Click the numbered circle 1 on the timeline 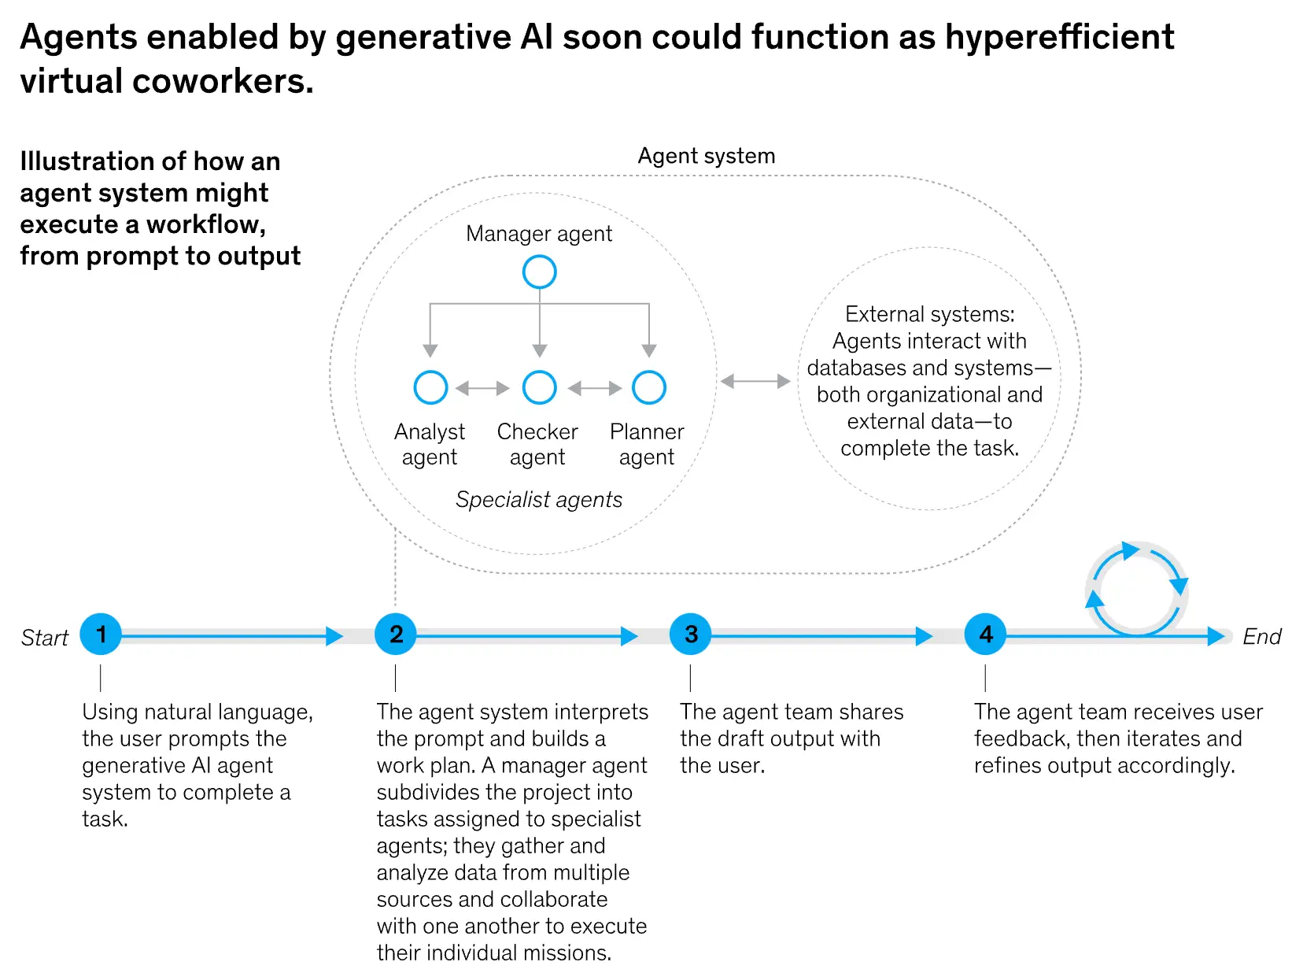coord(101,634)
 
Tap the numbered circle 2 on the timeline coord(396,634)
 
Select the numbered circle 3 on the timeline coord(690,634)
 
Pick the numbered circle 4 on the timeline coord(985,634)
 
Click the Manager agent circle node coord(539,272)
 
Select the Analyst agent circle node coord(430,387)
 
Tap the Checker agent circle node coord(539,387)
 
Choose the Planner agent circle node coord(648,387)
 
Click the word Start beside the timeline coord(44,638)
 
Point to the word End coord(1261,636)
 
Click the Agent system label coord(706,156)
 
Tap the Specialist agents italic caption coord(539,499)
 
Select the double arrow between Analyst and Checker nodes coord(482,388)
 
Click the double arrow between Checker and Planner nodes coord(594,388)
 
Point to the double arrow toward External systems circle coord(755,381)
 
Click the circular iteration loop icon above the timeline coord(1136,588)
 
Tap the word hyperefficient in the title coord(1059,37)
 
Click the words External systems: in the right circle coord(929,314)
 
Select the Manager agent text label coord(539,234)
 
